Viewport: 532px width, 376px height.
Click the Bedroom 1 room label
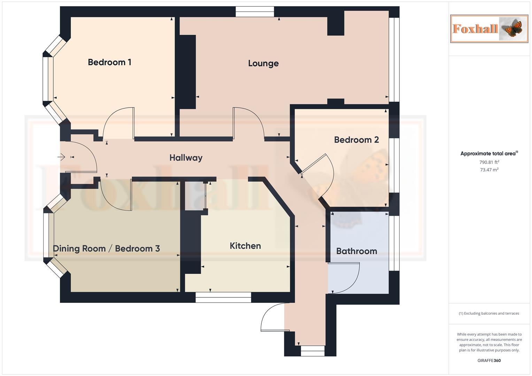point(109,62)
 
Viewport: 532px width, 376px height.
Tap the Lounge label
point(263,63)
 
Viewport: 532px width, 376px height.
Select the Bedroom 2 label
point(356,140)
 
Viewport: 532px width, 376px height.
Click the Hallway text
point(186,158)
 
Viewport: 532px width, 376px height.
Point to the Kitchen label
point(245,246)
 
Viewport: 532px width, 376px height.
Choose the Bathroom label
point(356,251)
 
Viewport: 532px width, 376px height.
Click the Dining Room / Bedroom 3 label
point(106,249)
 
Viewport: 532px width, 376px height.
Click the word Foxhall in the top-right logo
point(475,29)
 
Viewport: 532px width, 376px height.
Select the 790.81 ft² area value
point(489,162)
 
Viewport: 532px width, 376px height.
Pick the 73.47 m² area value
point(489,170)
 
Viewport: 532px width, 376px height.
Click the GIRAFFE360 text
point(489,360)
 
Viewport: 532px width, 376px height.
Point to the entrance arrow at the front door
point(62,157)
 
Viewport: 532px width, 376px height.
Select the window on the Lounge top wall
point(255,12)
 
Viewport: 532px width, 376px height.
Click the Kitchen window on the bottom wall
point(223,297)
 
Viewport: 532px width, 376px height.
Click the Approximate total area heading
point(489,154)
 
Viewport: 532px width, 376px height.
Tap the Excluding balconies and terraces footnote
point(489,313)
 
